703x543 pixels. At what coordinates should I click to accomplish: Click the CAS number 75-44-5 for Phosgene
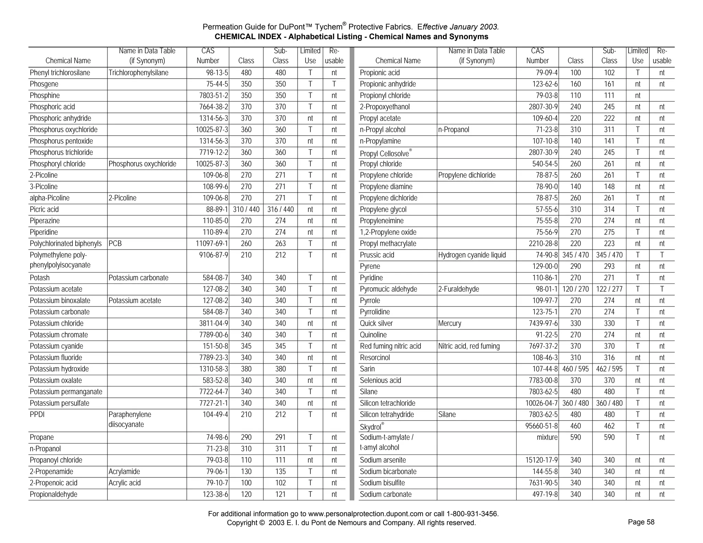coord(215,84)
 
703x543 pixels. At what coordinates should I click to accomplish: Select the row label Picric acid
coord(44,209)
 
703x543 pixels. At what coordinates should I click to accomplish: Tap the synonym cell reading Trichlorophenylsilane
coord(138,73)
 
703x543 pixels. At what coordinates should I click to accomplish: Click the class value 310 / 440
coord(246,209)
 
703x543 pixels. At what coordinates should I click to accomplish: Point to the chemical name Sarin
coord(367,369)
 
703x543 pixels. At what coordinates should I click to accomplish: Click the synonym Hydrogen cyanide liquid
coord(472,255)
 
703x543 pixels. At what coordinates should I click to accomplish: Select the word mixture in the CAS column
coord(547,437)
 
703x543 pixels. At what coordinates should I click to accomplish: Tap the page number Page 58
coord(641,522)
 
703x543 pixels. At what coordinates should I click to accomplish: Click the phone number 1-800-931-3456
coord(472,514)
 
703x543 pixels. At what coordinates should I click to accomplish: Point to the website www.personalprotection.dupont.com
coord(366,514)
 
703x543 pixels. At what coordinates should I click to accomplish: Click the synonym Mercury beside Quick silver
coord(450,323)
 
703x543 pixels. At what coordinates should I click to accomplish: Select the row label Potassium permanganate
coord(66,392)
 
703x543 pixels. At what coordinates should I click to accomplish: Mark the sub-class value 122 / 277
coord(609,289)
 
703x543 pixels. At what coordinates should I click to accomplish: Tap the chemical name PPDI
coord(37,415)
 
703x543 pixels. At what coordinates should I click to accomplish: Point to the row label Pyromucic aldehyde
coord(388,289)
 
